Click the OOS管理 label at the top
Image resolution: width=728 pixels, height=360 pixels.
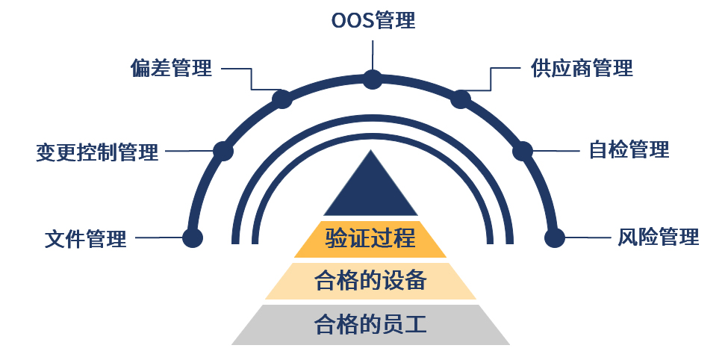pyautogui.click(x=373, y=20)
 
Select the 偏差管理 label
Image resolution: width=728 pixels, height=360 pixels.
pyautogui.click(x=171, y=69)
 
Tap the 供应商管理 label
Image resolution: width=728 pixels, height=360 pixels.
pyautogui.click(x=582, y=69)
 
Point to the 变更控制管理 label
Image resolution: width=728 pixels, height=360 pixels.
pyautogui.click(x=97, y=152)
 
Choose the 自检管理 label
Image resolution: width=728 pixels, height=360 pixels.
pyautogui.click(x=629, y=149)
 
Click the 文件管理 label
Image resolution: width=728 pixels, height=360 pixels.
pyautogui.click(x=86, y=239)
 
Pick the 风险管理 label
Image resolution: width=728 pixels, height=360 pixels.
pyautogui.click(x=658, y=238)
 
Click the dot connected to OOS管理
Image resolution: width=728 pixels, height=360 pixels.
pyautogui.click(x=373, y=78)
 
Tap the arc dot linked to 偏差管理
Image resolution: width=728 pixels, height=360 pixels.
pyautogui.click(x=281, y=99)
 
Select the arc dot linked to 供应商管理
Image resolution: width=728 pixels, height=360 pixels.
pyautogui.click(x=461, y=99)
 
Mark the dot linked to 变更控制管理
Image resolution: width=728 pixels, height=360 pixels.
pyautogui.click(x=223, y=151)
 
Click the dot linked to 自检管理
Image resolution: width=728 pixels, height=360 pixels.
pyautogui.click(x=522, y=151)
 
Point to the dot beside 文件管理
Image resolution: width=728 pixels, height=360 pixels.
pyautogui.click(x=193, y=238)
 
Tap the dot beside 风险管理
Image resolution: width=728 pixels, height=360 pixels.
pyautogui.click(x=554, y=238)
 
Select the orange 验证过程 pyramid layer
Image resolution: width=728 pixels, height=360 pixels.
pyautogui.click(x=370, y=239)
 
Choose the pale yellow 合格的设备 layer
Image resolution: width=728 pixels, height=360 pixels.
pyautogui.click(x=370, y=281)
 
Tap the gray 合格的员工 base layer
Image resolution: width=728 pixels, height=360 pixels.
pyautogui.click(x=370, y=325)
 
